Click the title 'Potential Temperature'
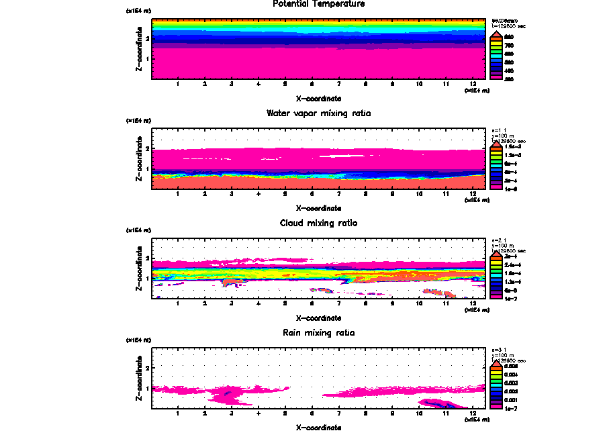pyautogui.click(x=318, y=4)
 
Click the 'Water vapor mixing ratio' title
pyautogui.click(x=318, y=113)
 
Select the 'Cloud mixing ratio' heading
pyautogui.click(x=318, y=223)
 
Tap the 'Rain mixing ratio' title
pyautogui.click(x=318, y=333)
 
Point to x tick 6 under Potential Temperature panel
pyautogui.click(x=312, y=85)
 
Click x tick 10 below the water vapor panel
pyautogui.click(x=419, y=195)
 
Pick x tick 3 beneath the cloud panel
pyautogui.click(x=231, y=304)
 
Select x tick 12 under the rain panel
pyautogui.click(x=473, y=413)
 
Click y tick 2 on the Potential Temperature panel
pyautogui.click(x=147, y=39)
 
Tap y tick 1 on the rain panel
pyautogui.click(x=147, y=388)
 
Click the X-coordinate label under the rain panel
pyautogui.click(x=318, y=427)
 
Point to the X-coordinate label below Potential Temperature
pyautogui.click(x=318, y=99)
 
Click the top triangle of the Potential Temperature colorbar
pyautogui.click(x=497, y=33)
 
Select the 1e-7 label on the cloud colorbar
pyautogui.click(x=511, y=298)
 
